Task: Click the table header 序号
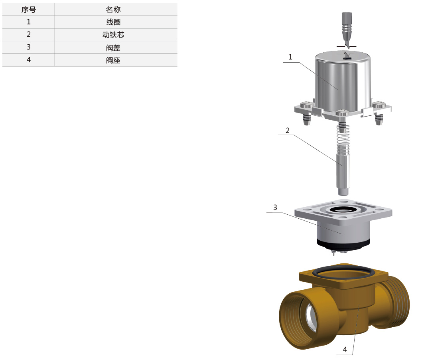click(x=29, y=10)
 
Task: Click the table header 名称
click(x=113, y=10)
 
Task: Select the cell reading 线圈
click(x=113, y=22)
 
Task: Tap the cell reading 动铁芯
click(x=113, y=35)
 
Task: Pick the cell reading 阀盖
click(x=113, y=48)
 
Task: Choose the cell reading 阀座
click(x=113, y=60)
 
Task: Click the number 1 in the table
click(x=29, y=22)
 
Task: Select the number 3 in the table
click(x=29, y=47)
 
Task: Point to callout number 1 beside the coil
click(x=290, y=57)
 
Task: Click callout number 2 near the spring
click(x=288, y=130)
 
